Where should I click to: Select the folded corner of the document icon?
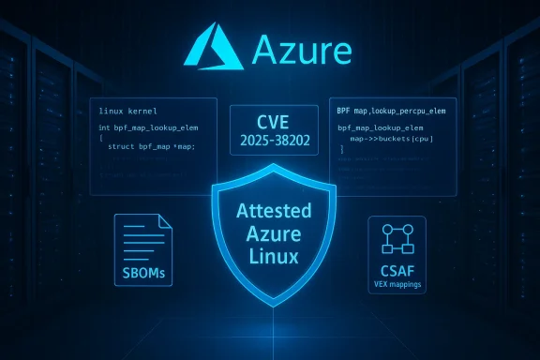tap(166, 221)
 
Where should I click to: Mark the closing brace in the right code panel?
tap(342, 148)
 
